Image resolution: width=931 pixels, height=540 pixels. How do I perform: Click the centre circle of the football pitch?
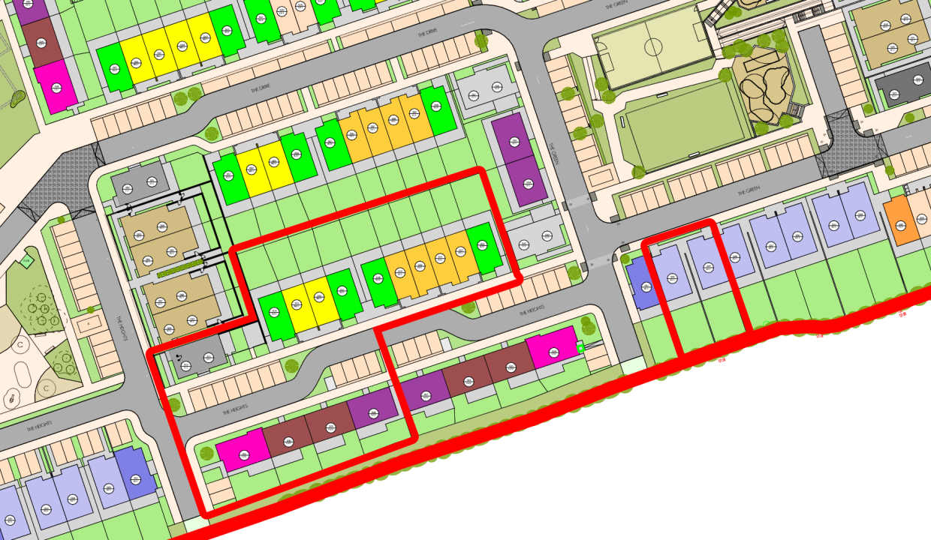[653, 46]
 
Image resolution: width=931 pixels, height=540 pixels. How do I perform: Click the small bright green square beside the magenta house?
[580, 349]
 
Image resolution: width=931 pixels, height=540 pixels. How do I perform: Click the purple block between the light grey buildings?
[520, 160]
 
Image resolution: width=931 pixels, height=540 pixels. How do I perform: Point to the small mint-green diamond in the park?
[27, 260]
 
